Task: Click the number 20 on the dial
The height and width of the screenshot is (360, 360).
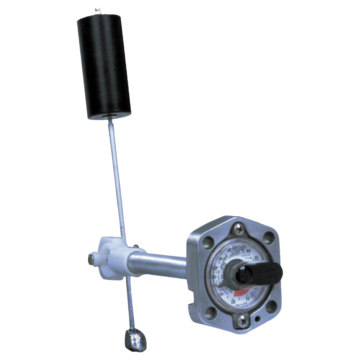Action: click(x=233, y=301)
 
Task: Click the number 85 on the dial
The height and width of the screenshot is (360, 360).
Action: click(x=256, y=258)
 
